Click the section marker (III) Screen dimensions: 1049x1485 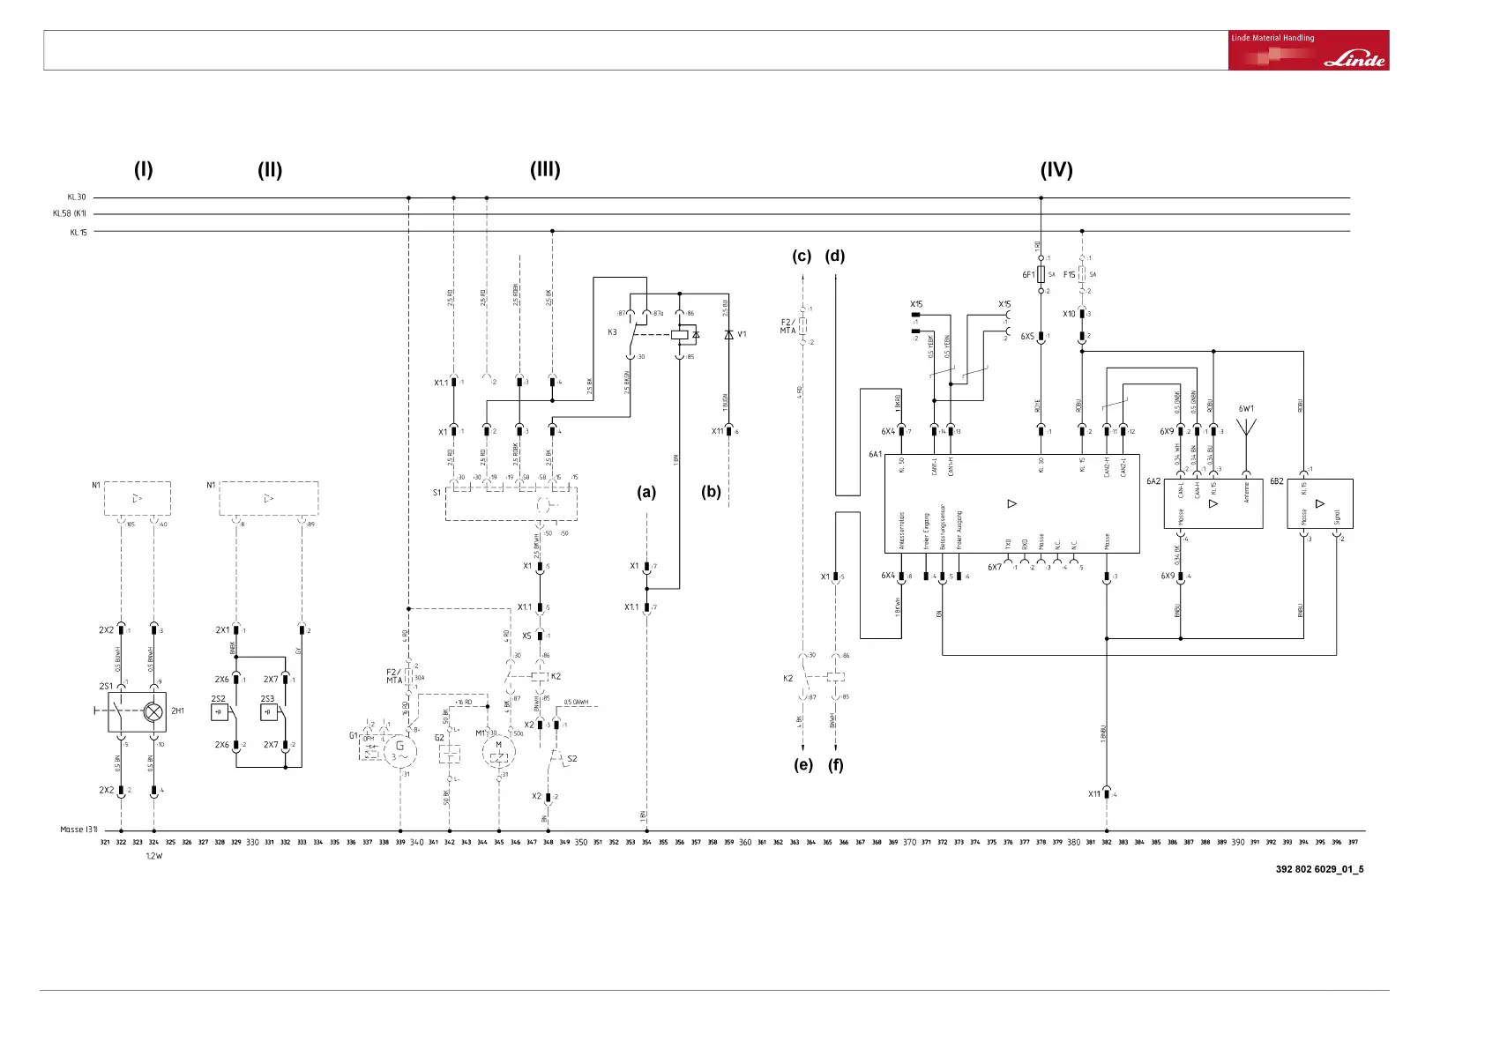coord(545,169)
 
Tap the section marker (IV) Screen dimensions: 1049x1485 coord(1056,170)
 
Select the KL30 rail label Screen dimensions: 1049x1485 coord(77,197)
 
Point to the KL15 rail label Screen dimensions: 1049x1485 coord(78,233)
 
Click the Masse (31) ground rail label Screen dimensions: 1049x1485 coord(78,830)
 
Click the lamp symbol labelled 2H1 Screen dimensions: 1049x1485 coord(153,711)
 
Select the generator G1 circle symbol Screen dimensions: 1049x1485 coord(399,751)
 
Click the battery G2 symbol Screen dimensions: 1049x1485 coord(450,755)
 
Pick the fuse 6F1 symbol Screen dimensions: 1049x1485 coord(1041,274)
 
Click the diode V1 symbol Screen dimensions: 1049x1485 coord(728,335)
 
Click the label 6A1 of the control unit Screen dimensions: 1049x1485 coord(875,455)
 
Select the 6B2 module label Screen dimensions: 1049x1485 coord(1276,482)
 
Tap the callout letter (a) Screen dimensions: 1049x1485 coord(646,492)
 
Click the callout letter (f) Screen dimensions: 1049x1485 coord(835,764)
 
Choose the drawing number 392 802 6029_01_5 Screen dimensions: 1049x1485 coord(1319,869)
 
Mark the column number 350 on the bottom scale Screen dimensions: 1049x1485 coord(581,843)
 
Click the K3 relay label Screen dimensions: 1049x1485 coord(612,332)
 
